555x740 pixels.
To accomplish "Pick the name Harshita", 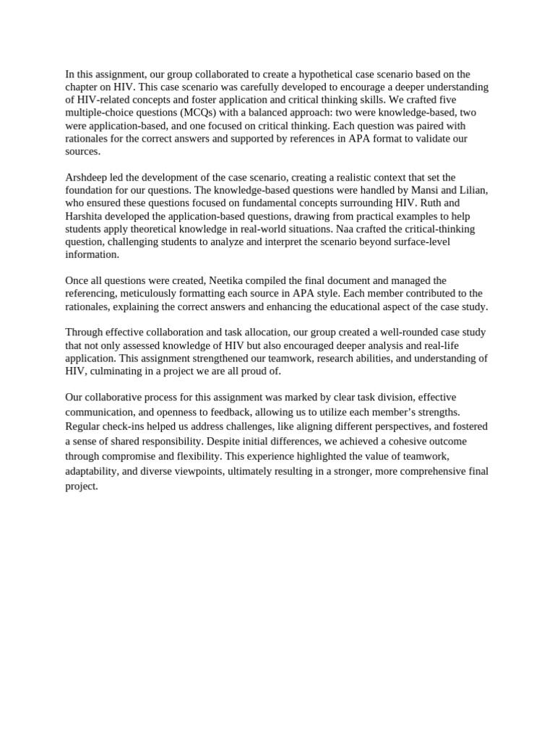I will coord(85,216).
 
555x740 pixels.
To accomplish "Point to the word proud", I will coord(263,371).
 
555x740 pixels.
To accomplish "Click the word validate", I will coord(445,139).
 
